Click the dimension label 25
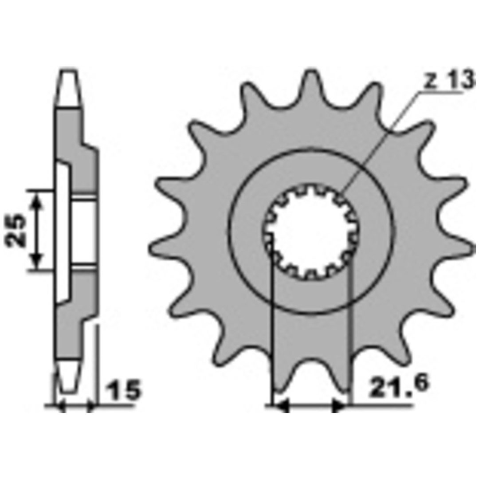pyautogui.click(x=15, y=230)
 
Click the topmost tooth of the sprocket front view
pyautogui.click(x=310, y=82)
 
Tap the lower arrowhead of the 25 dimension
pyautogui.click(x=37, y=262)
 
